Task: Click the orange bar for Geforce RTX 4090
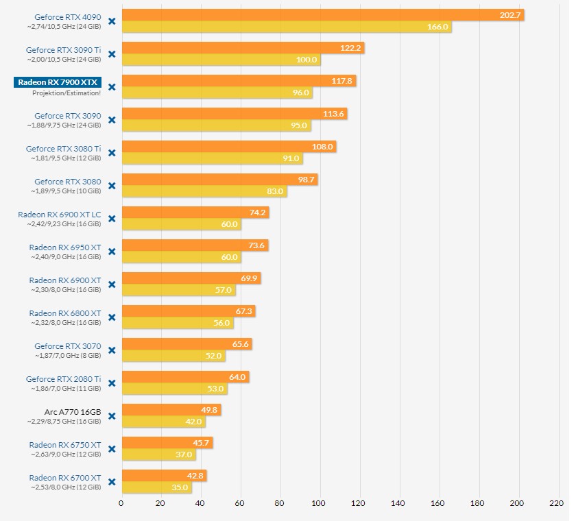pos(322,15)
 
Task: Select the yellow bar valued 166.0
pos(286,27)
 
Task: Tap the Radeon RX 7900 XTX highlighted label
pos(58,82)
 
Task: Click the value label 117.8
pos(341,81)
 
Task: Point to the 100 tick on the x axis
pos(318,503)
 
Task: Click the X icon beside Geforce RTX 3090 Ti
pos(112,54)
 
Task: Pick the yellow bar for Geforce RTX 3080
pos(204,191)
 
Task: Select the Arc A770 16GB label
pos(73,411)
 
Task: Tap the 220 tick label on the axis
pos(555,503)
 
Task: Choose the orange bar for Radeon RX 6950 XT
pos(194,245)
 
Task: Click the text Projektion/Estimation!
pos(67,93)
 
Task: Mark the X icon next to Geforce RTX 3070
pos(112,350)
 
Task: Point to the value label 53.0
pos(215,389)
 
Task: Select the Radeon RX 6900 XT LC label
pos(60,215)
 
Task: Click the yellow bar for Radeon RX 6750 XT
pos(158,455)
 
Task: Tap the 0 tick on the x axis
pos(121,503)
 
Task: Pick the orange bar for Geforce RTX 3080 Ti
pos(228,147)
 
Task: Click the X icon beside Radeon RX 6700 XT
pos(112,482)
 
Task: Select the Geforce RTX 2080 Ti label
pos(64,379)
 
